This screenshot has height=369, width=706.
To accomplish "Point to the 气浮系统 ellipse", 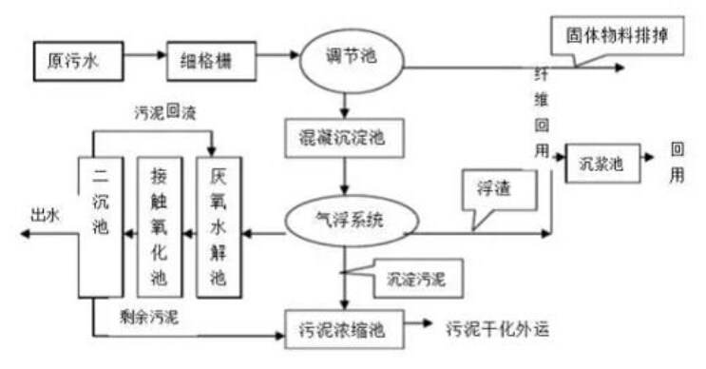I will [x=343, y=218].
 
